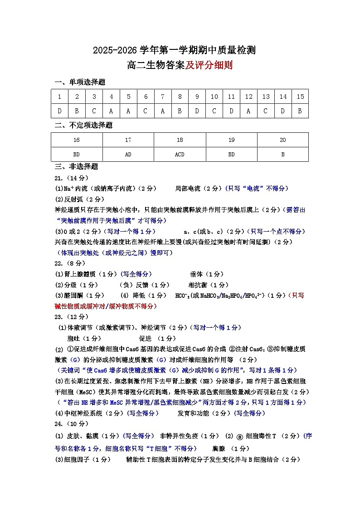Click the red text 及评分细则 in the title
tap(209, 65)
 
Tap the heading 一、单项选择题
tap(80, 82)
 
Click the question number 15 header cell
tap(300, 97)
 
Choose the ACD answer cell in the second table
tap(180, 154)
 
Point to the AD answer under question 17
tap(128, 154)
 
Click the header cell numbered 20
tap(282, 140)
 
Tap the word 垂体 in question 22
tap(196, 274)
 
